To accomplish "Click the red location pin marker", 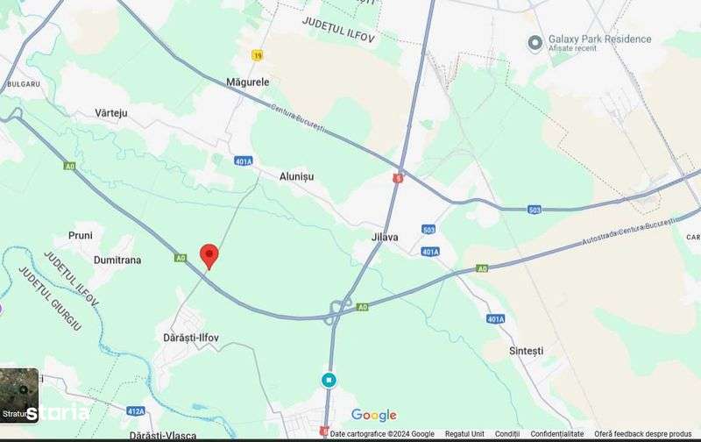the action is (209, 255).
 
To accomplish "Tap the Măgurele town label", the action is (247, 82).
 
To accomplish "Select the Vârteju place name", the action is (111, 113).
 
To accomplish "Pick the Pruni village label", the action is (80, 236).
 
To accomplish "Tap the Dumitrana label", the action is (117, 260).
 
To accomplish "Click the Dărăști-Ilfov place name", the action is (190, 338).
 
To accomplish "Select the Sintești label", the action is (526, 351).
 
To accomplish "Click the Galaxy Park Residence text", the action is (600, 39).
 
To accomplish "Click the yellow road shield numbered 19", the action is (258, 55).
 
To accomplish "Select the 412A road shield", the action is (135, 410).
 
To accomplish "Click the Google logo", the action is (373, 415).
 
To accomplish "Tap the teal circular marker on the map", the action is (329, 380).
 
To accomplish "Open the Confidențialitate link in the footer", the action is (556, 434).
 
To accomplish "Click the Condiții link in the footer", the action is (506, 434).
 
